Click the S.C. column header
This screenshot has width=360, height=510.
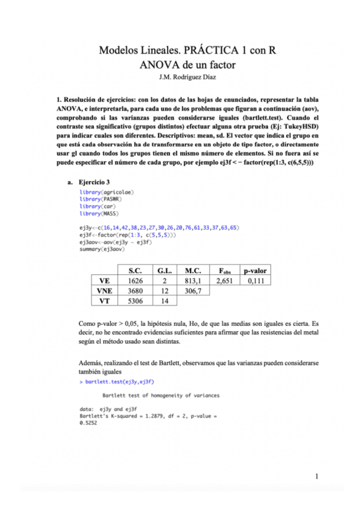pos(135,270)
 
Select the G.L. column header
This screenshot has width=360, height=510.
pos(164,270)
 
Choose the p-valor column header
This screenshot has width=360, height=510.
pos(255,270)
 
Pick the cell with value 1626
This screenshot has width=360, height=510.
pos(135,281)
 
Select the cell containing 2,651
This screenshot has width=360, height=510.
pos(224,281)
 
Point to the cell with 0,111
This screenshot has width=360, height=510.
pos(255,281)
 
